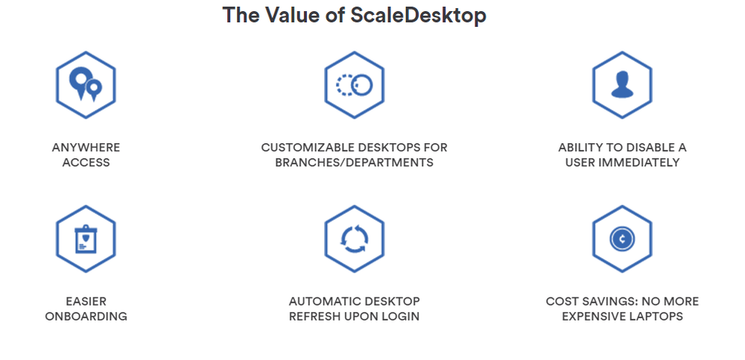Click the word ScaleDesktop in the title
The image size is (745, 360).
pos(419,16)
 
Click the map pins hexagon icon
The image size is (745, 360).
pos(86,85)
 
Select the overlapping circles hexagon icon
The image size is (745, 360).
pos(354,85)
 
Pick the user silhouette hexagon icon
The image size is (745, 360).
pos(622,85)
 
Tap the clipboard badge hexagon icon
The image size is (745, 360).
pos(86,239)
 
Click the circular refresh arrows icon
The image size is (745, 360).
pos(354,239)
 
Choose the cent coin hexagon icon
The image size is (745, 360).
pos(622,239)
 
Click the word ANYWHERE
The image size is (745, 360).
pos(86,148)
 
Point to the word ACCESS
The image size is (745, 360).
pos(86,162)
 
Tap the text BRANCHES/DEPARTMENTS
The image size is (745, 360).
pos(354,162)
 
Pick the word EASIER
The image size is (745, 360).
pos(86,302)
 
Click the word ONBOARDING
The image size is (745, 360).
pos(86,317)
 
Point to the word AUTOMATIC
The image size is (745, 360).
pos(322,302)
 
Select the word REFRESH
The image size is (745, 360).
pos(315,317)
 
